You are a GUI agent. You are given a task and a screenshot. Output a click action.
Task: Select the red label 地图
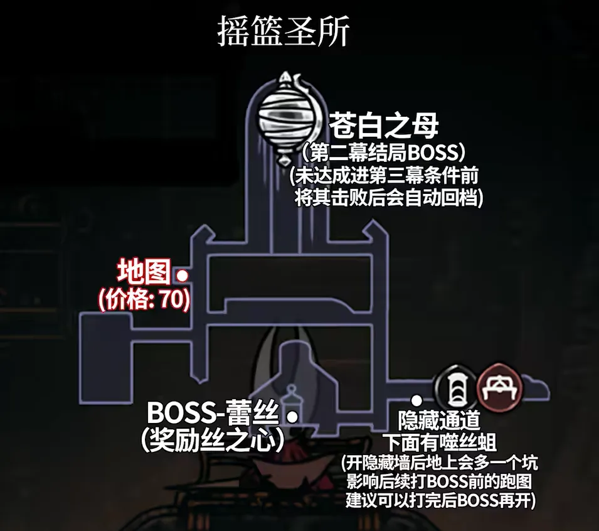pyautogui.click(x=144, y=274)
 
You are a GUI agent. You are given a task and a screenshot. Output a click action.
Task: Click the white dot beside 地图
pyautogui.click(x=183, y=275)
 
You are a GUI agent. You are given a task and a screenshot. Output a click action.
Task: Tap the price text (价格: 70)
pyautogui.click(x=144, y=299)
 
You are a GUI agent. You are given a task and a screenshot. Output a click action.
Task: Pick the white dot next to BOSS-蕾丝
pyautogui.click(x=292, y=416)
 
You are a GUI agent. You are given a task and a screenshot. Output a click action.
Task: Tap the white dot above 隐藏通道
pyautogui.click(x=416, y=399)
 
